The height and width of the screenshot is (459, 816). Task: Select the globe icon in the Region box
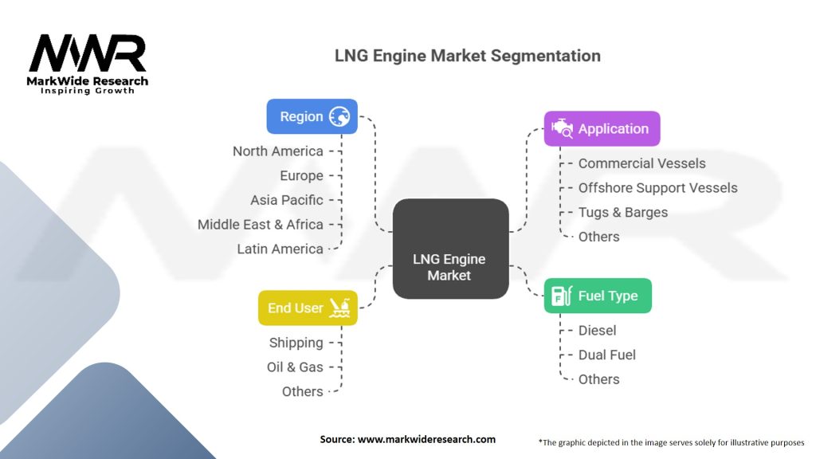(x=339, y=116)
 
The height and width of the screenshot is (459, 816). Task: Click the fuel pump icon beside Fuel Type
(x=563, y=296)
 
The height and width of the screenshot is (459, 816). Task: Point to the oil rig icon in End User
(x=339, y=308)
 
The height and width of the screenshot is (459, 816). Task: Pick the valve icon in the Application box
(x=563, y=128)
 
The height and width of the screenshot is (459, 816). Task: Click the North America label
(x=277, y=151)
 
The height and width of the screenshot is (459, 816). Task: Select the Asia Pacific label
(x=286, y=200)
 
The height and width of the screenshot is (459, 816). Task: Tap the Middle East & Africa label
(x=260, y=225)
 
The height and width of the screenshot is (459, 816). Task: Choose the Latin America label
(x=280, y=249)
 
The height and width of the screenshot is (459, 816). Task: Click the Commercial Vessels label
(x=641, y=163)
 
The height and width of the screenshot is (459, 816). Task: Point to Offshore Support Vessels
(x=657, y=188)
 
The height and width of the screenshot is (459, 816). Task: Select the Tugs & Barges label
(x=622, y=212)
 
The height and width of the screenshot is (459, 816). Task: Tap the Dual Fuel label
(x=606, y=355)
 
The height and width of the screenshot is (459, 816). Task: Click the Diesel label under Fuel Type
(x=597, y=330)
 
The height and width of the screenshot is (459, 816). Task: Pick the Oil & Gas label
(x=295, y=367)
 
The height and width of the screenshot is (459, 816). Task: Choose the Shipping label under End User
(x=296, y=343)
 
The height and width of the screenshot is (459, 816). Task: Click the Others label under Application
(x=598, y=237)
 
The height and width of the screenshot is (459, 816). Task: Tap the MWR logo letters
(x=88, y=54)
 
